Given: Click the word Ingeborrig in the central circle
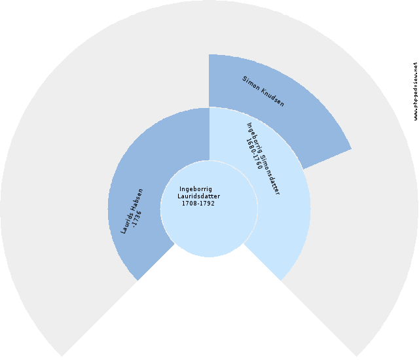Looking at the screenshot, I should tap(195, 189).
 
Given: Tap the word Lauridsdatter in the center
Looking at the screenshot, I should tap(198, 196).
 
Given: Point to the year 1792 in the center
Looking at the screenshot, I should tap(207, 204).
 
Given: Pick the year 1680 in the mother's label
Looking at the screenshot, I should tap(251, 145).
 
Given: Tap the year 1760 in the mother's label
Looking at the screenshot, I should tap(259, 161).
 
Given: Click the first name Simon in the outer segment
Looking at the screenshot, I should tap(252, 84).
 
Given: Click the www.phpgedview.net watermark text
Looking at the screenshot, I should tap(415, 92).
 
